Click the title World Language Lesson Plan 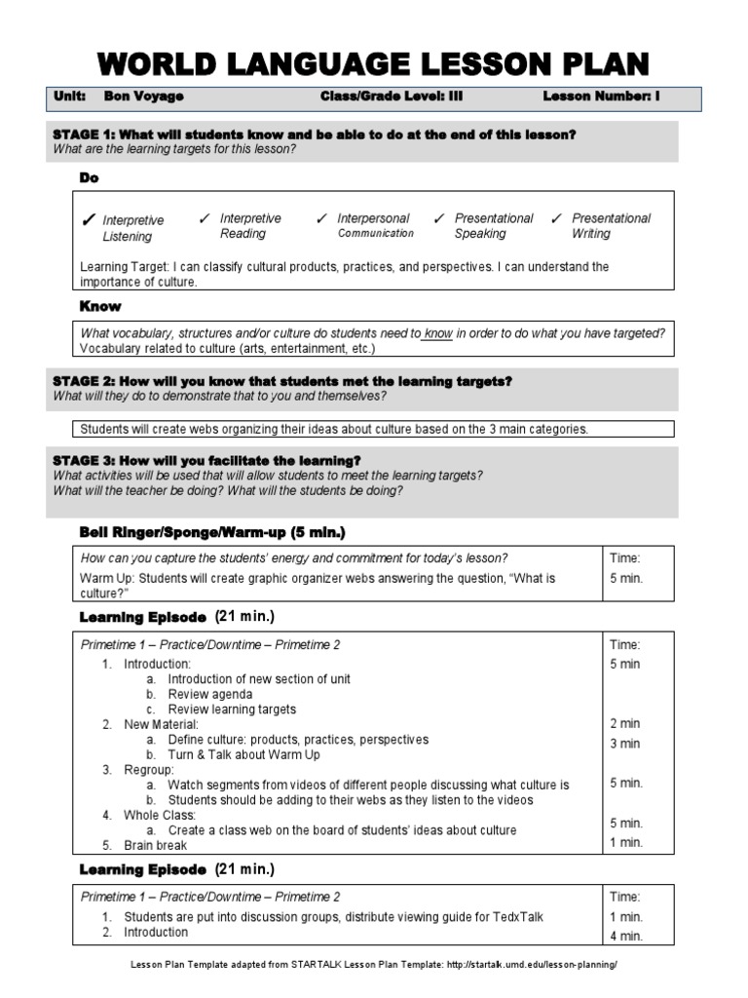[373, 64]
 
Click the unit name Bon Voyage [144, 97]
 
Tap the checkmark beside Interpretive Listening [90, 221]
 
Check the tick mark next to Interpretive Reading [204, 219]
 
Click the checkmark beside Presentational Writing [556, 219]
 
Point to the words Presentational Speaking [494, 226]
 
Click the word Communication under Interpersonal [375, 234]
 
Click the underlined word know [438, 333]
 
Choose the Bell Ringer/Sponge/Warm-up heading [211, 532]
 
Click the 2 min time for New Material [624, 723]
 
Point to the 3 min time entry [624, 744]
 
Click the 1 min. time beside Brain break [625, 843]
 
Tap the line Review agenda [209, 694]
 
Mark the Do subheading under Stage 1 [88, 179]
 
